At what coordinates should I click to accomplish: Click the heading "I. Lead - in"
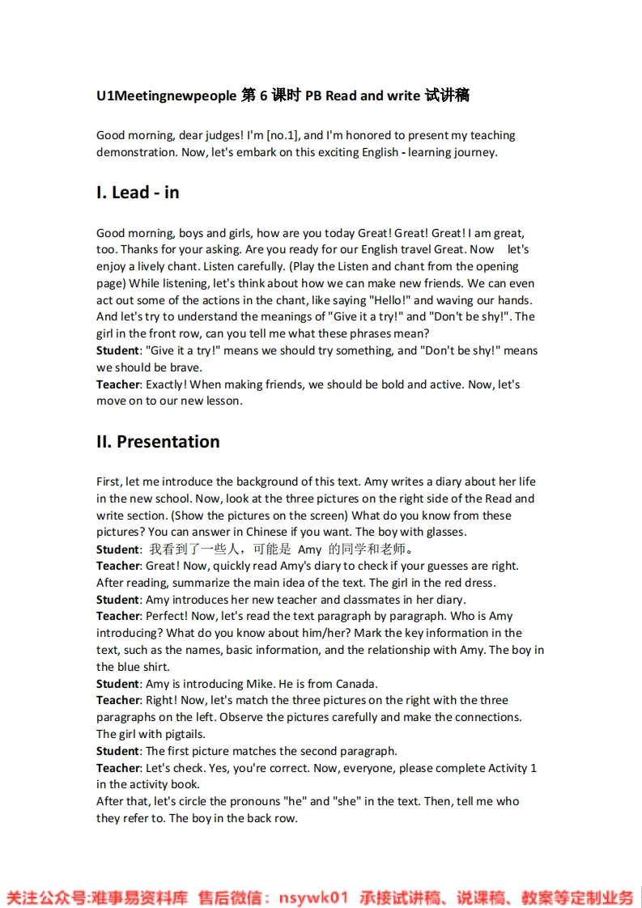[x=138, y=193]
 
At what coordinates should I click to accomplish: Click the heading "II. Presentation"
[x=158, y=442]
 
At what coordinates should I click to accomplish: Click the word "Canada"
[x=354, y=684]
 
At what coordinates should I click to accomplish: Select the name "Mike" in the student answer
[x=260, y=684]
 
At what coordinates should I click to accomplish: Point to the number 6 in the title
[x=263, y=95]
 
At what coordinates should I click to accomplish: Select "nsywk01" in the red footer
[x=313, y=897]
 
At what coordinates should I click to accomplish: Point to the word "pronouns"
[x=258, y=801]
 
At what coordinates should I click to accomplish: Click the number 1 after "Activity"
[x=534, y=768]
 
